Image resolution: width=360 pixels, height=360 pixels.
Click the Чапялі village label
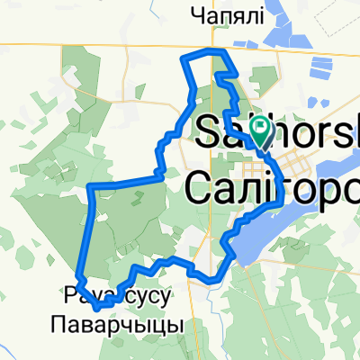pos(226,15)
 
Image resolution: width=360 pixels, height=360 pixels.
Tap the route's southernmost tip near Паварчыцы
pos(96,290)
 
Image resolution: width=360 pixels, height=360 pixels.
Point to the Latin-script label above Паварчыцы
pos(118,293)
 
